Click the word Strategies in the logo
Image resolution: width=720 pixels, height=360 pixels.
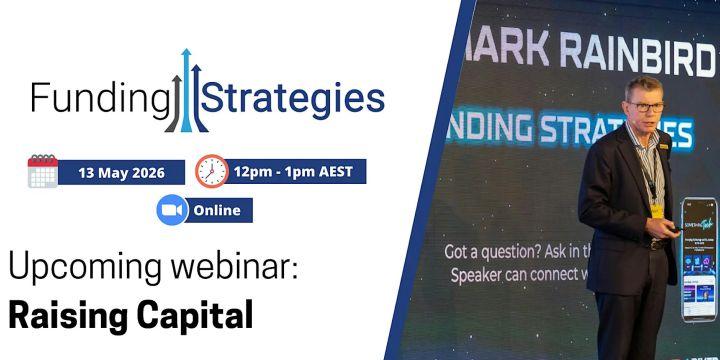[294, 98]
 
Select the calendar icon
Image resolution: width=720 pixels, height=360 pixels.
[43, 172]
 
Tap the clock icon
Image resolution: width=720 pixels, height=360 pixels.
[211, 171]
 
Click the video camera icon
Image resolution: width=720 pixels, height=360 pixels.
[173, 210]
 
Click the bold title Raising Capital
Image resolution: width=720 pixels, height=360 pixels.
[130, 314]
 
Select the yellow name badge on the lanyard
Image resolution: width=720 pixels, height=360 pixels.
[656, 209]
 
